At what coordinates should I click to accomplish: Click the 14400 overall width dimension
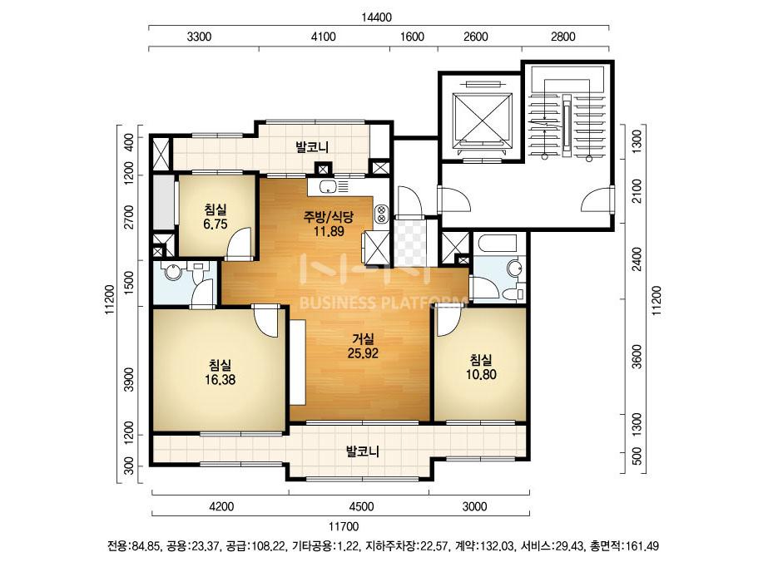[x=377, y=17]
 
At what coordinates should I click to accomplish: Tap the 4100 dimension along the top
[x=324, y=37]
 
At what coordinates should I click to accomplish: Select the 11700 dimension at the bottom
[x=344, y=527]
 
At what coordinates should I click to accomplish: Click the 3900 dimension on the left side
[x=129, y=379]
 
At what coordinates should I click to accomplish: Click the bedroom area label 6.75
[x=215, y=224]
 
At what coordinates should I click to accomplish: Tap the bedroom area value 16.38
[x=220, y=379]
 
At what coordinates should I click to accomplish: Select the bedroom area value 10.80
[x=481, y=374]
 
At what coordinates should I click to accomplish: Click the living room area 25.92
[x=363, y=353]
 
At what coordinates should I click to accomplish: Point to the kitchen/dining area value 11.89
[x=329, y=231]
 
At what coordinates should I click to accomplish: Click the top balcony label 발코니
[x=312, y=146]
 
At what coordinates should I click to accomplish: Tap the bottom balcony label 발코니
[x=363, y=451]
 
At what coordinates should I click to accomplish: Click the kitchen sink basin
[x=326, y=186]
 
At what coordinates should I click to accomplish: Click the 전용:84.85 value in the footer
[x=133, y=546]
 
